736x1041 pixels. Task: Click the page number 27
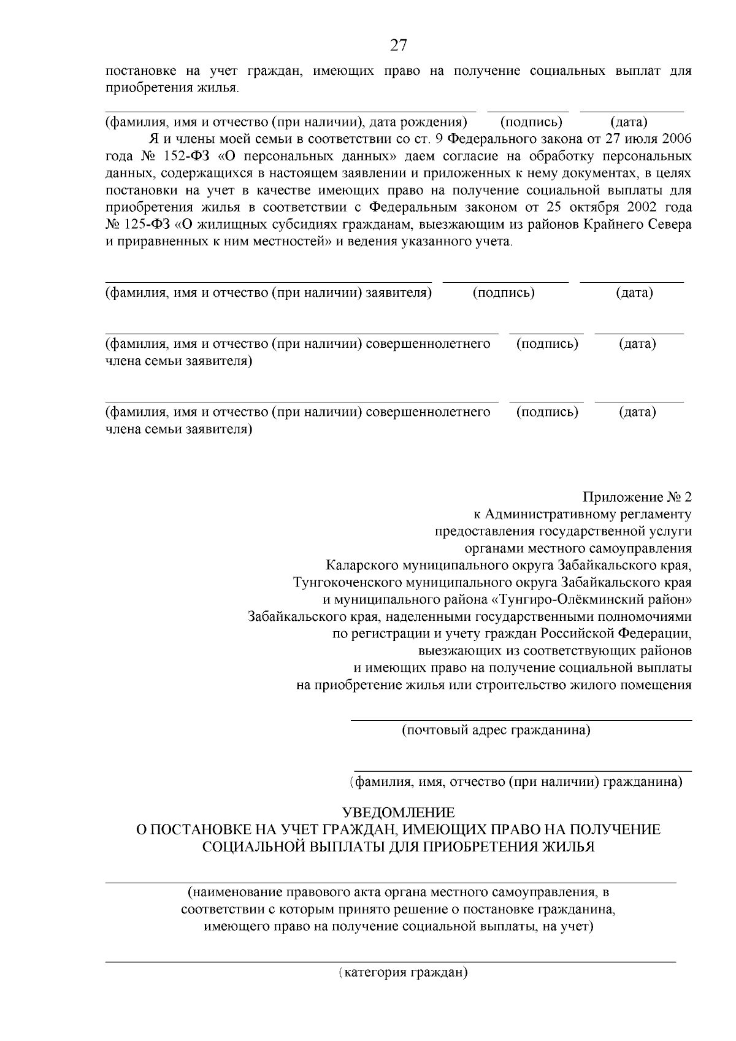(398, 45)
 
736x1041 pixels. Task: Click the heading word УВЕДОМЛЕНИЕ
(398, 813)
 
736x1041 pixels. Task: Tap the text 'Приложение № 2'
(637, 496)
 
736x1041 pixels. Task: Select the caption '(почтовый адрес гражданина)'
(496, 730)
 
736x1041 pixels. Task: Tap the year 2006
(675, 139)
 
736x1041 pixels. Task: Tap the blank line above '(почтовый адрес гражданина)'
(521, 720)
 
